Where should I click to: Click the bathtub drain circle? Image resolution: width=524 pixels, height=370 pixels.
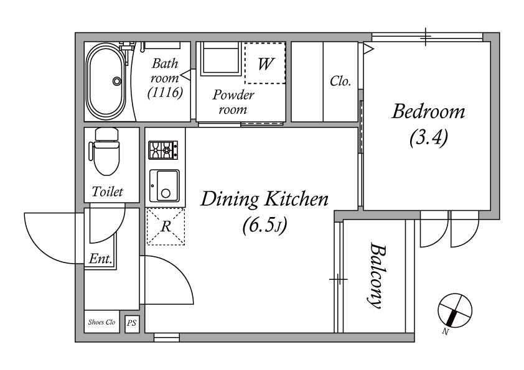(x=116, y=81)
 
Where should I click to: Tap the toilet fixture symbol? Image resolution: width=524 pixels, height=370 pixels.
(x=105, y=152)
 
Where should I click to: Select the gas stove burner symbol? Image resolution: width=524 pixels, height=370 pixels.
(x=163, y=150)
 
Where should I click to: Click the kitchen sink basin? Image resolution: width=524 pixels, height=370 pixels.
(x=164, y=186)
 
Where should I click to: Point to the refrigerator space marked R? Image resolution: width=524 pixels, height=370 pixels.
(x=166, y=227)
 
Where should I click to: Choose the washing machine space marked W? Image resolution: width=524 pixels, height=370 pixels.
(x=264, y=63)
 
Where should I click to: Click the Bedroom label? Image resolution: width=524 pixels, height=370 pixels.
(x=428, y=111)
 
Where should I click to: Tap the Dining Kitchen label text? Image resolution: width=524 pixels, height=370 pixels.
(x=264, y=200)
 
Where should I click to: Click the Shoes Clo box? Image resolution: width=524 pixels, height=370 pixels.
(x=101, y=322)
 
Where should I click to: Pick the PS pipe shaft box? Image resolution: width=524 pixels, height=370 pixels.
(x=132, y=323)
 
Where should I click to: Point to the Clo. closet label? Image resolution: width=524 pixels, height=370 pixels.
(x=340, y=81)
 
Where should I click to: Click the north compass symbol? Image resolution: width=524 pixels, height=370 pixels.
(x=455, y=310)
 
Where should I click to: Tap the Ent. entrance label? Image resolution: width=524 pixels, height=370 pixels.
(x=100, y=259)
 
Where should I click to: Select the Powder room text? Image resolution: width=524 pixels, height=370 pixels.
(x=233, y=102)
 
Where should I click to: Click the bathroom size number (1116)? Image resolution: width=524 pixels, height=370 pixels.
(x=165, y=93)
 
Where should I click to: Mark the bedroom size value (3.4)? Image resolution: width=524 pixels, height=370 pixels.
(x=428, y=137)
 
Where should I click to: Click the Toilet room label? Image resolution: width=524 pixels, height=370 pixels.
(x=107, y=192)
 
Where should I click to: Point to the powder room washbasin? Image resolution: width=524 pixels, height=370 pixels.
(x=220, y=57)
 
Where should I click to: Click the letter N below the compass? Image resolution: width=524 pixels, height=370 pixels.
(x=445, y=331)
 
